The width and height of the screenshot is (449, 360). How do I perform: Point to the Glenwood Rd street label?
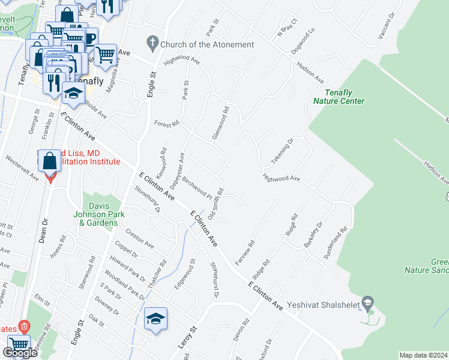tap(220, 124)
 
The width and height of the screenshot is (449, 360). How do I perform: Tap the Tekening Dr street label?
tap(282, 152)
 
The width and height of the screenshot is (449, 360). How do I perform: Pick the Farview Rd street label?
tap(248, 253)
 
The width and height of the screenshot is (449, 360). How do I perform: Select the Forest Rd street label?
tap(167, 124)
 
